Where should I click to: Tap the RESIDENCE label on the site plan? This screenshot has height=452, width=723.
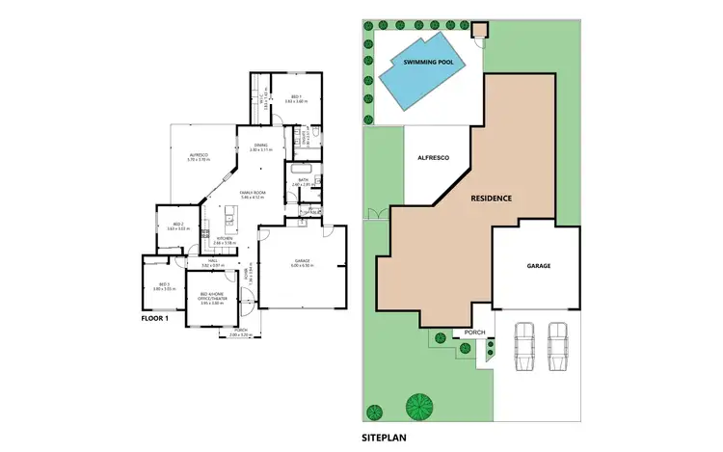(x=491, y=198)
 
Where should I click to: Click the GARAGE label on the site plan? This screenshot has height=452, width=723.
(x=538, y=265)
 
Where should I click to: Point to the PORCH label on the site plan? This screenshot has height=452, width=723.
(x=474, y=333)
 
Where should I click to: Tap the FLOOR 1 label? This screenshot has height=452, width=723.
(x=156, y=317)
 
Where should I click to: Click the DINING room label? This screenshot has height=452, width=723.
(x=260, y=147)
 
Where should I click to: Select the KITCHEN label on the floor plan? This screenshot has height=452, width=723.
(x=225, y=241)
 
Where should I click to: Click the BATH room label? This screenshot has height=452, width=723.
(x=303, y=180)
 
